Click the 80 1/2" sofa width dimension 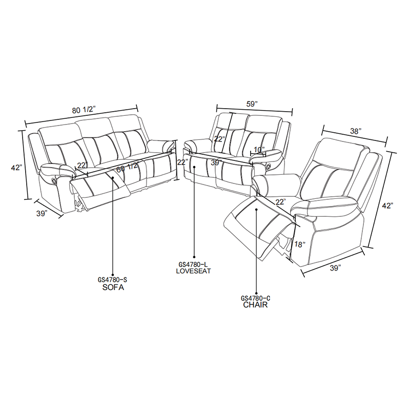click(x=84, y=110)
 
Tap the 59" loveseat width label click(x=252, y=104)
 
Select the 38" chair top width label click(x=356, y=131)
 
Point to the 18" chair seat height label click(x=300, y=244)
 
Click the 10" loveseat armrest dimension click(x=259, y=150)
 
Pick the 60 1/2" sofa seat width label click(x=127, y=169)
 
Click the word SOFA click(x=113, y=288)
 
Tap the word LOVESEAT click(x=193, y=271)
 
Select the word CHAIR click(x=255, y=304)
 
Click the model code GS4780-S click(x=112, y=280)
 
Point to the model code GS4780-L click(x=193, y=264)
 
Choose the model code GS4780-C click(x=255, y=298)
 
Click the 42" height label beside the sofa click(x=17, y=168)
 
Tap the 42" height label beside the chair click(x=387, y=206)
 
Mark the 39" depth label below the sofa click(x=42, y=213)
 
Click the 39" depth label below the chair click(x=336, y=268)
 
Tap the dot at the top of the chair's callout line click(x=257, y=209)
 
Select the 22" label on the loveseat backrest click(x=220, y=138)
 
